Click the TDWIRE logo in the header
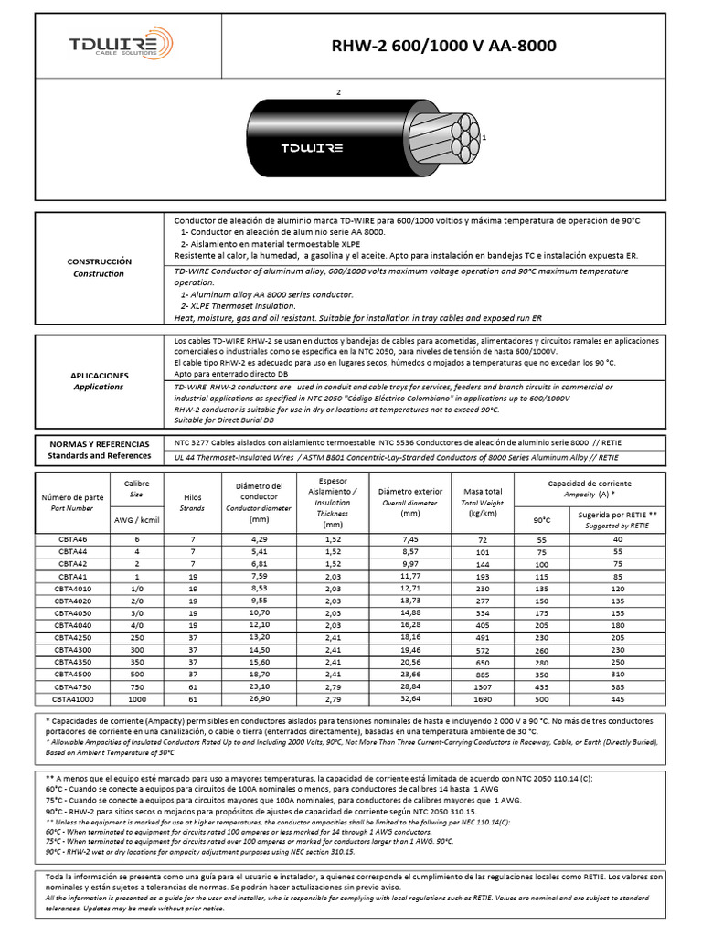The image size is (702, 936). pyautogui.click(x=120, y=45)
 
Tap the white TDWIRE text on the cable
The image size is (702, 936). pyautogui.click(x=312, y=147)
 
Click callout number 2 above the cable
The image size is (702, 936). pyautogui.click(x=338, y=93)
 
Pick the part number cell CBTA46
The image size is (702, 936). pyautogui.click(x=72, y=540)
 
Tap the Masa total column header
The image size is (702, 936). pyautogui.click(x=483, y=497)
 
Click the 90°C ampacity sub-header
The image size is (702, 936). pyautogui.click(x=541, y=520)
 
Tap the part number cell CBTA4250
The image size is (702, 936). pyautogui.click(x=72, y=637)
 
